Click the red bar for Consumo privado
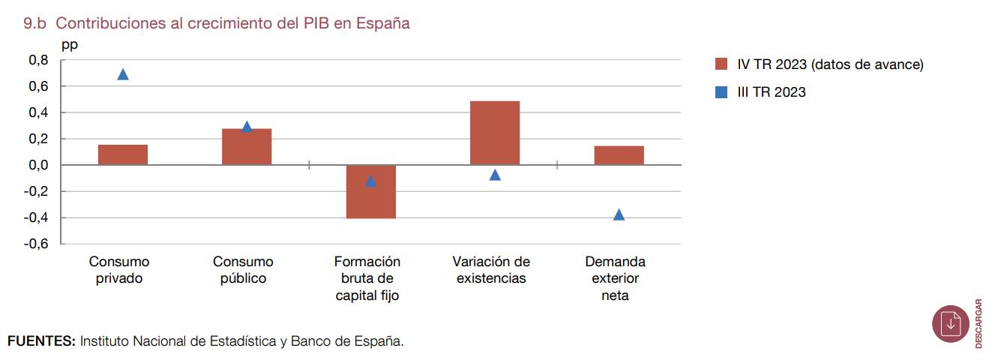tap(123, 154)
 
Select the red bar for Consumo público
tap(247, 147)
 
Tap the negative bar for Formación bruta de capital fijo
tap(370, 192)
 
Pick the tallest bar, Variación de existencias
tap(495, 133)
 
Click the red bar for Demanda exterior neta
tap(619, 155)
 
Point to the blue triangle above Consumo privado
tap(123, 74)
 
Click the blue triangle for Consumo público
tap(247, 127)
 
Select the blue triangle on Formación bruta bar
tap(370, 181)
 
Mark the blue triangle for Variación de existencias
tap(495, 175)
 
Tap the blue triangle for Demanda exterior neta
tap(619, 215)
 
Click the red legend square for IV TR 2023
tap(721, 64)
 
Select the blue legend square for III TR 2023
tap(721, 92)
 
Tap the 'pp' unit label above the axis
tap(70, 44)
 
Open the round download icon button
tap(951, 324)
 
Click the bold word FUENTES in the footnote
tap(41, 341)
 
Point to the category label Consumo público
tap(243, 270)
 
